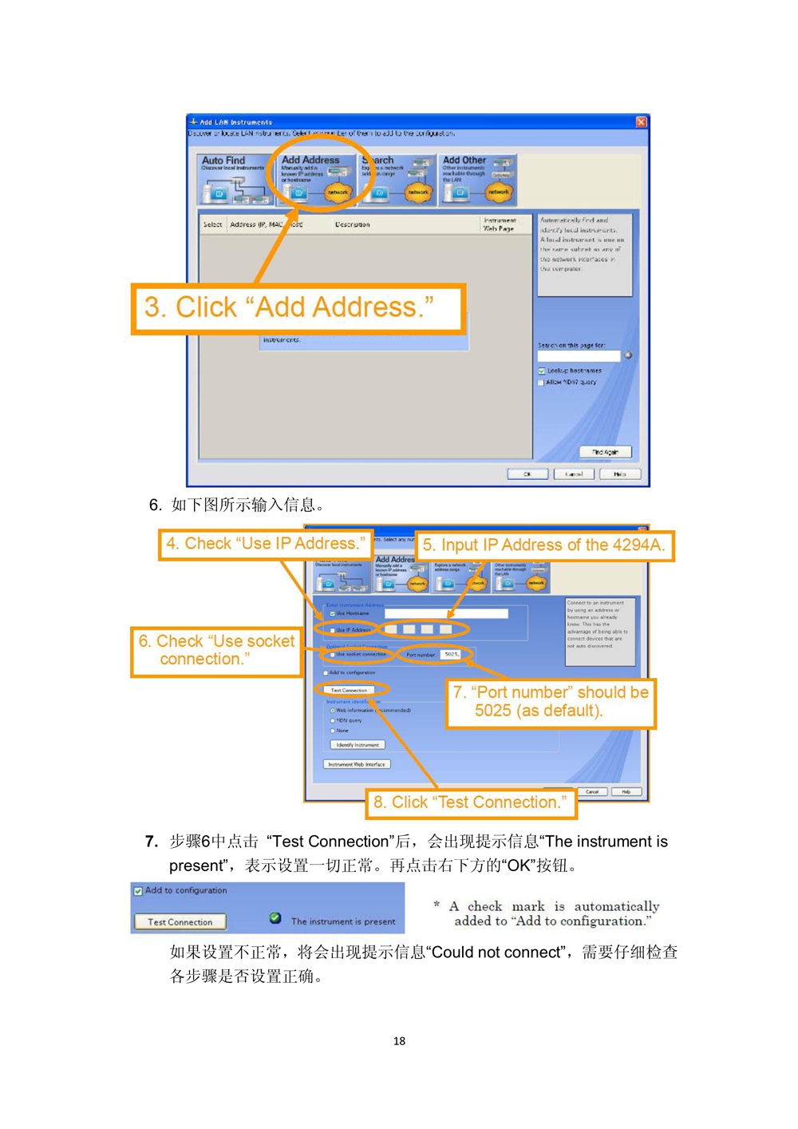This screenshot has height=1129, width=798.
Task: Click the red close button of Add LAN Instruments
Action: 641,121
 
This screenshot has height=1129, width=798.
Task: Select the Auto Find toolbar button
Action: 234,180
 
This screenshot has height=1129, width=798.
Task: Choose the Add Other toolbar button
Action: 477,180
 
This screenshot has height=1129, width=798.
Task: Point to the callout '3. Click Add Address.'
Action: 298,308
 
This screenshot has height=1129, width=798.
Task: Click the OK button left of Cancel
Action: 527,473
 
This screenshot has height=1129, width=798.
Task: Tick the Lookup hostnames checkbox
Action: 542,371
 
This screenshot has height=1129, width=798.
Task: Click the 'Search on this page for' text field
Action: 579,356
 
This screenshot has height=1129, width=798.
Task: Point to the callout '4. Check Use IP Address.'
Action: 265,545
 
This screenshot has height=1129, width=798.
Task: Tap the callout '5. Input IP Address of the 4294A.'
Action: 543,545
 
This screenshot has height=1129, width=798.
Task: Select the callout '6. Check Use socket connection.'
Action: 215,651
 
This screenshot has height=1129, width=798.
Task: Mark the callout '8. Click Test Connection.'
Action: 471,802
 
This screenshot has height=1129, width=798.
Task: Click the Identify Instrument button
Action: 358,745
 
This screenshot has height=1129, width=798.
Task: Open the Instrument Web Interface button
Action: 357,764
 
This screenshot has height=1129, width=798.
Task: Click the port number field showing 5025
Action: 452,655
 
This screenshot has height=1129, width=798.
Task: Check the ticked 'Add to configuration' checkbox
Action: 138,891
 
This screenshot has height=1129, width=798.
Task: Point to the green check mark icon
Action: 275,918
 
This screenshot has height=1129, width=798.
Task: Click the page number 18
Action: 399,1041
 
